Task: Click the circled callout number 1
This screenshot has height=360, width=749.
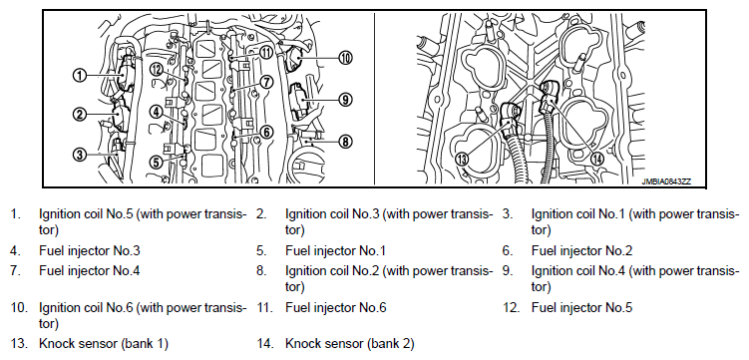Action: click(x=80, y=75)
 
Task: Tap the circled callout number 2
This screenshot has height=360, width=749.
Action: click(x=80, y=114)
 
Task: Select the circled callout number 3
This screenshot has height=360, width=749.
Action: click(x=80, y=154)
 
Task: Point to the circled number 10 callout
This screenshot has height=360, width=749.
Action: click(x=345, y=58)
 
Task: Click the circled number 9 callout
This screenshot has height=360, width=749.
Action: click(x=345, y=100)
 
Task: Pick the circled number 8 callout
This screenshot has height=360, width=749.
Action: click(x=345, y=142)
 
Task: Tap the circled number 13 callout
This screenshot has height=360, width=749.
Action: click(x=462, y=160)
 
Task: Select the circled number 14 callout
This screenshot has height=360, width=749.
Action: click(x=596, y=160)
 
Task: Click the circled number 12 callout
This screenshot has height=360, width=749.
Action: click(x=157, y=70)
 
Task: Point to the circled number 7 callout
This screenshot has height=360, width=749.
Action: click(x=266, y=82)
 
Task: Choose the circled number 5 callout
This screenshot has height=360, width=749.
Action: click(x=157, y=163)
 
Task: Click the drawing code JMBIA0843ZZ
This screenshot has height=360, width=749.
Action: click(x=667, y=181)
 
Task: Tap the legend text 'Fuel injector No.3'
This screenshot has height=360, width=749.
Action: click(x=90, y=250)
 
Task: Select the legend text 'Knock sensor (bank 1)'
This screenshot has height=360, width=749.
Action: click(x=104, y=343)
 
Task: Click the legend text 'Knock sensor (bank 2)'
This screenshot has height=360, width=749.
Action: click(x=350, y=343)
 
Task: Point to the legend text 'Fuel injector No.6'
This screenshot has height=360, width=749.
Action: click(x=336, y=307)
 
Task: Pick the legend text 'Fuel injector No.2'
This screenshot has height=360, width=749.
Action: click(x=581, y=250)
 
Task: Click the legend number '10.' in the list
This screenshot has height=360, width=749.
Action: click(x=19, y=307)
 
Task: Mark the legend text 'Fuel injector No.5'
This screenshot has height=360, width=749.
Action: click(x=581, y=307)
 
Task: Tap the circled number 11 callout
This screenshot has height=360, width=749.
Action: click(x=266, y=52)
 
